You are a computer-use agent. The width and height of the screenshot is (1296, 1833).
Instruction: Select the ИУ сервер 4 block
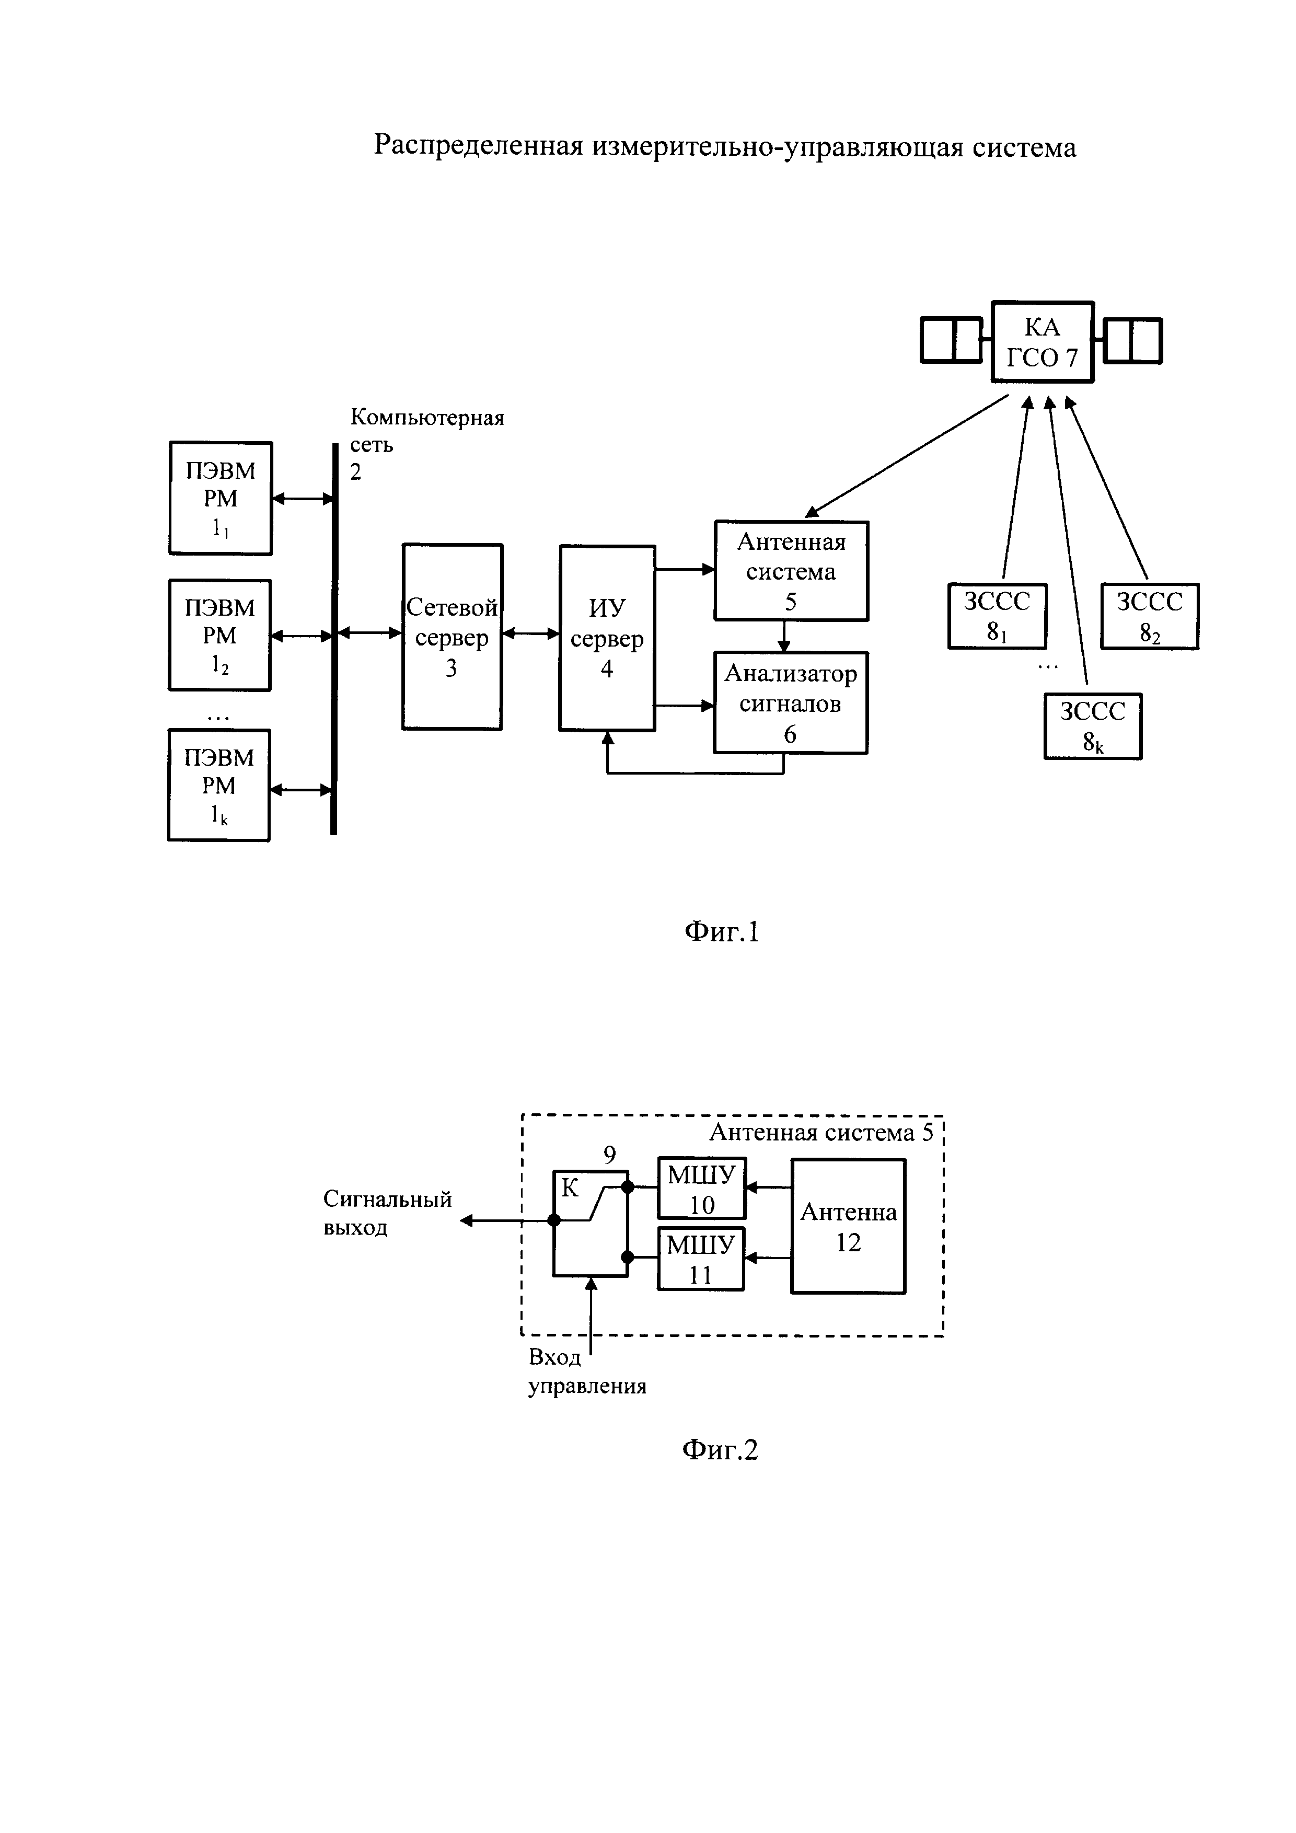tap(607, 638)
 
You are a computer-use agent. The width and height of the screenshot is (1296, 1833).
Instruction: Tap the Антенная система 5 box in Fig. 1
tap(791, 571)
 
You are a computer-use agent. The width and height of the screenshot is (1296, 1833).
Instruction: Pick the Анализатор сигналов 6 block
tap(790, 702)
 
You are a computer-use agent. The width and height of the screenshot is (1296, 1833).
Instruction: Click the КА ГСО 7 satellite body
tap(1042, 342)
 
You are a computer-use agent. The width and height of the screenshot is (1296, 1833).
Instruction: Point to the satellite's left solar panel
tap(951, 340)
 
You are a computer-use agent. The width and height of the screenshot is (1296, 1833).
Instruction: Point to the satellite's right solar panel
tap(1132, 340)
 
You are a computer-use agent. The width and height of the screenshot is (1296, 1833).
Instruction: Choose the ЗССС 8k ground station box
tap(1093, 725)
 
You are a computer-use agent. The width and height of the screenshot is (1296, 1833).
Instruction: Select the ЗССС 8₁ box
tap(997, 616)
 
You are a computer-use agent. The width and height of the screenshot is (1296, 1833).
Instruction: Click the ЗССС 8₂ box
tap(1149, 616)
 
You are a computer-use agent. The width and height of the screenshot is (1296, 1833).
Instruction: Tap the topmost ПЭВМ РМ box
tap(220, 498)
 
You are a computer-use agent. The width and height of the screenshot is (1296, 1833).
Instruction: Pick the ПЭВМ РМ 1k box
tap(218, 785)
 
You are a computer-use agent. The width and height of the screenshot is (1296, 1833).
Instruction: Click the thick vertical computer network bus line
tap(333, 639)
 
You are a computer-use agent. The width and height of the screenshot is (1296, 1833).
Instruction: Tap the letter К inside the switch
tap(569, 1188)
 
